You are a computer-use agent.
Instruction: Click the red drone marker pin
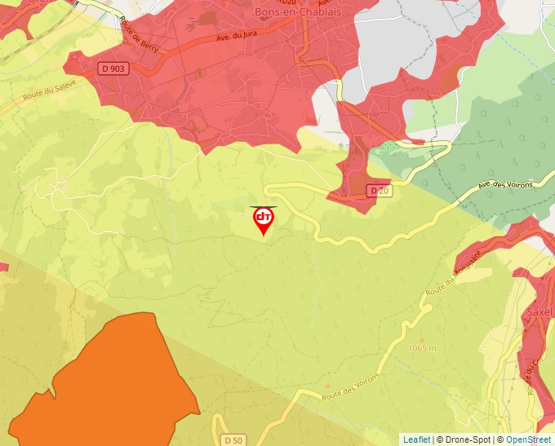pyautogui.click(x=263, y=219)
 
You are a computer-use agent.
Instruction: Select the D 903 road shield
pyautogui.click(x=115, y=68)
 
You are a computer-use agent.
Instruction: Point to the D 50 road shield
pyautogui.click(x=233, y=439)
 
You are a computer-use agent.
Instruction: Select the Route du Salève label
pyautogui.click(x=50, y=91)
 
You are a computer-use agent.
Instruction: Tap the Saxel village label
pyautogui.click(x=540, y=311)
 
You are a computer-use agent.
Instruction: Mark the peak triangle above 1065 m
pyautogui.click(x=422, y=338)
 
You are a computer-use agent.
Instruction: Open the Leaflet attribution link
pyautogui.click(x=416, y=439)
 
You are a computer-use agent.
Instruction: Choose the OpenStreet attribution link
pyautogui.click(x=528, y=439)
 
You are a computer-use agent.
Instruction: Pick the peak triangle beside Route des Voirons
pyautogui.click(x=328, y=383)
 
